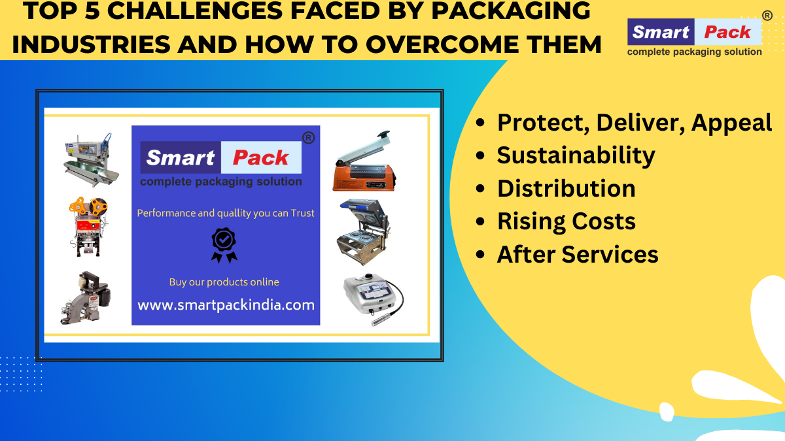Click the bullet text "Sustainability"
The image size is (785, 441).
576,155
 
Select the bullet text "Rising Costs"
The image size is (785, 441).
566,221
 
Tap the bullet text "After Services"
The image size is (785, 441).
577,254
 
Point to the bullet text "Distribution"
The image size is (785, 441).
566,188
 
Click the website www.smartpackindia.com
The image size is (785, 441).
226,305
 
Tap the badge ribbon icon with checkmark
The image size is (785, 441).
224,245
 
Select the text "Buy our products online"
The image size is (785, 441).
224,282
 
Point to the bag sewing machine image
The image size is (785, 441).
85,297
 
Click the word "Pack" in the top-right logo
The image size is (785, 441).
727,32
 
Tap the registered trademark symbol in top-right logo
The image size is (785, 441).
767,15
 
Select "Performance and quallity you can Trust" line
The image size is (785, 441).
226,213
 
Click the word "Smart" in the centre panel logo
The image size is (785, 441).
181,157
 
